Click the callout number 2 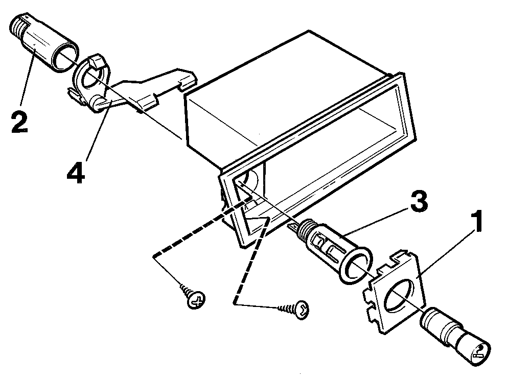[20, 122]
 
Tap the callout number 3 [419, 201]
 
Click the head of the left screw [196, 299]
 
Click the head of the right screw [302, 310]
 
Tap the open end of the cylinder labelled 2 [65, 57]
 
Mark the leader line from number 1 [446, 252]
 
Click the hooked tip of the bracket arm [188, 81]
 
